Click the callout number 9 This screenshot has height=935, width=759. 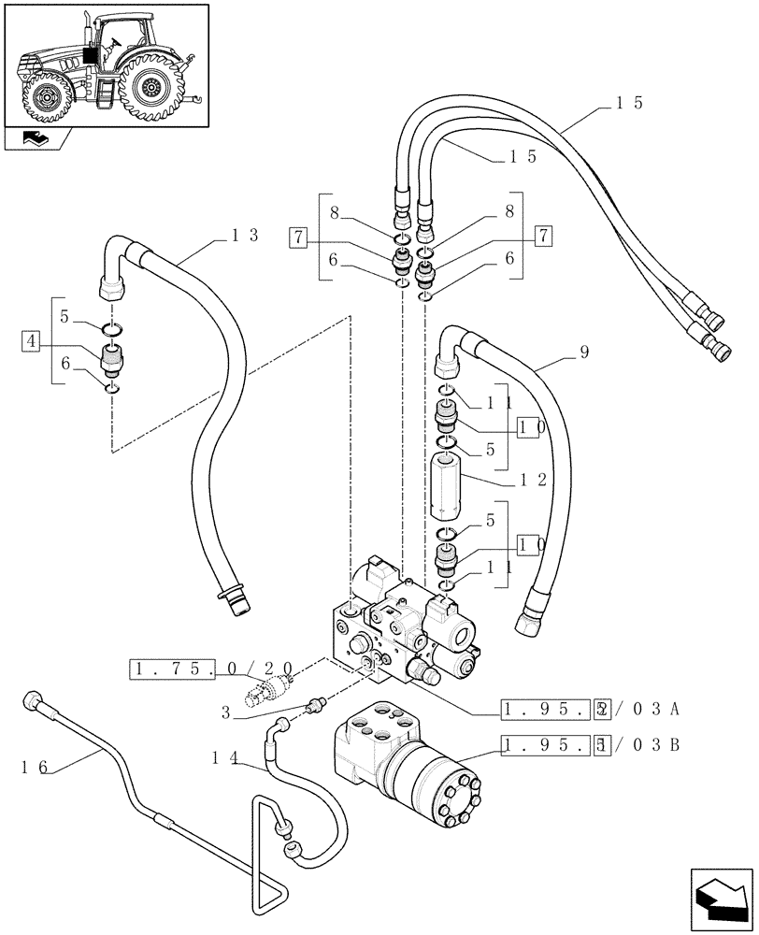point(583,353)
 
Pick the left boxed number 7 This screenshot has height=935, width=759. point(297,237)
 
